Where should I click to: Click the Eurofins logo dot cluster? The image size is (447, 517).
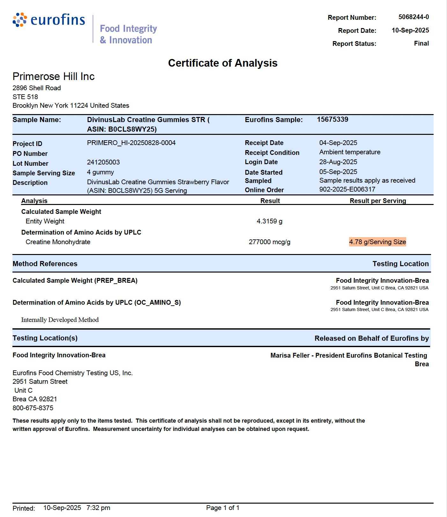(20, 20)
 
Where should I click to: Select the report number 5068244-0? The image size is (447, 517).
(414, 17)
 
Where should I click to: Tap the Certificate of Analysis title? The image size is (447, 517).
(223, 63)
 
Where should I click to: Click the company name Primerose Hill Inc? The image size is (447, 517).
(54, 76)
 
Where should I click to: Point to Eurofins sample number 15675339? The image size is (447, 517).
(332, 120)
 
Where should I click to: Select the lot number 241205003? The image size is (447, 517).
(103, 162)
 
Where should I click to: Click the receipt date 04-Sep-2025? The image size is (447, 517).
(338, 143)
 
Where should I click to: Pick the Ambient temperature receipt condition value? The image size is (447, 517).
(350, 152)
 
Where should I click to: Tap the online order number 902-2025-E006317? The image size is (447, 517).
(347, 189)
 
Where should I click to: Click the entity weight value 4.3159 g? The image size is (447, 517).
(269, 221)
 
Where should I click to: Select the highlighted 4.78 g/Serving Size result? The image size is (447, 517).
(377, 242)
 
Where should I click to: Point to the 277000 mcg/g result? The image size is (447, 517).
(269, 242)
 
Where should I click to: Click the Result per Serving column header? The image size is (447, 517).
(377, 201)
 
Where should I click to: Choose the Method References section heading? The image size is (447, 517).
(45, 264)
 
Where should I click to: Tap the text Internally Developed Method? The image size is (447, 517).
(60, 320)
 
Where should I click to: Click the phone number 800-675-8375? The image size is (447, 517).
(33, 408)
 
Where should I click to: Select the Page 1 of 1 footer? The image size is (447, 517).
(223, 508)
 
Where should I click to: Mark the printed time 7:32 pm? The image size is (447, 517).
(98, 508)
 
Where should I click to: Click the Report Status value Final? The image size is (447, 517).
(421, 43)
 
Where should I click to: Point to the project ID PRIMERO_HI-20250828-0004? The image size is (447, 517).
(131, 143)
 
